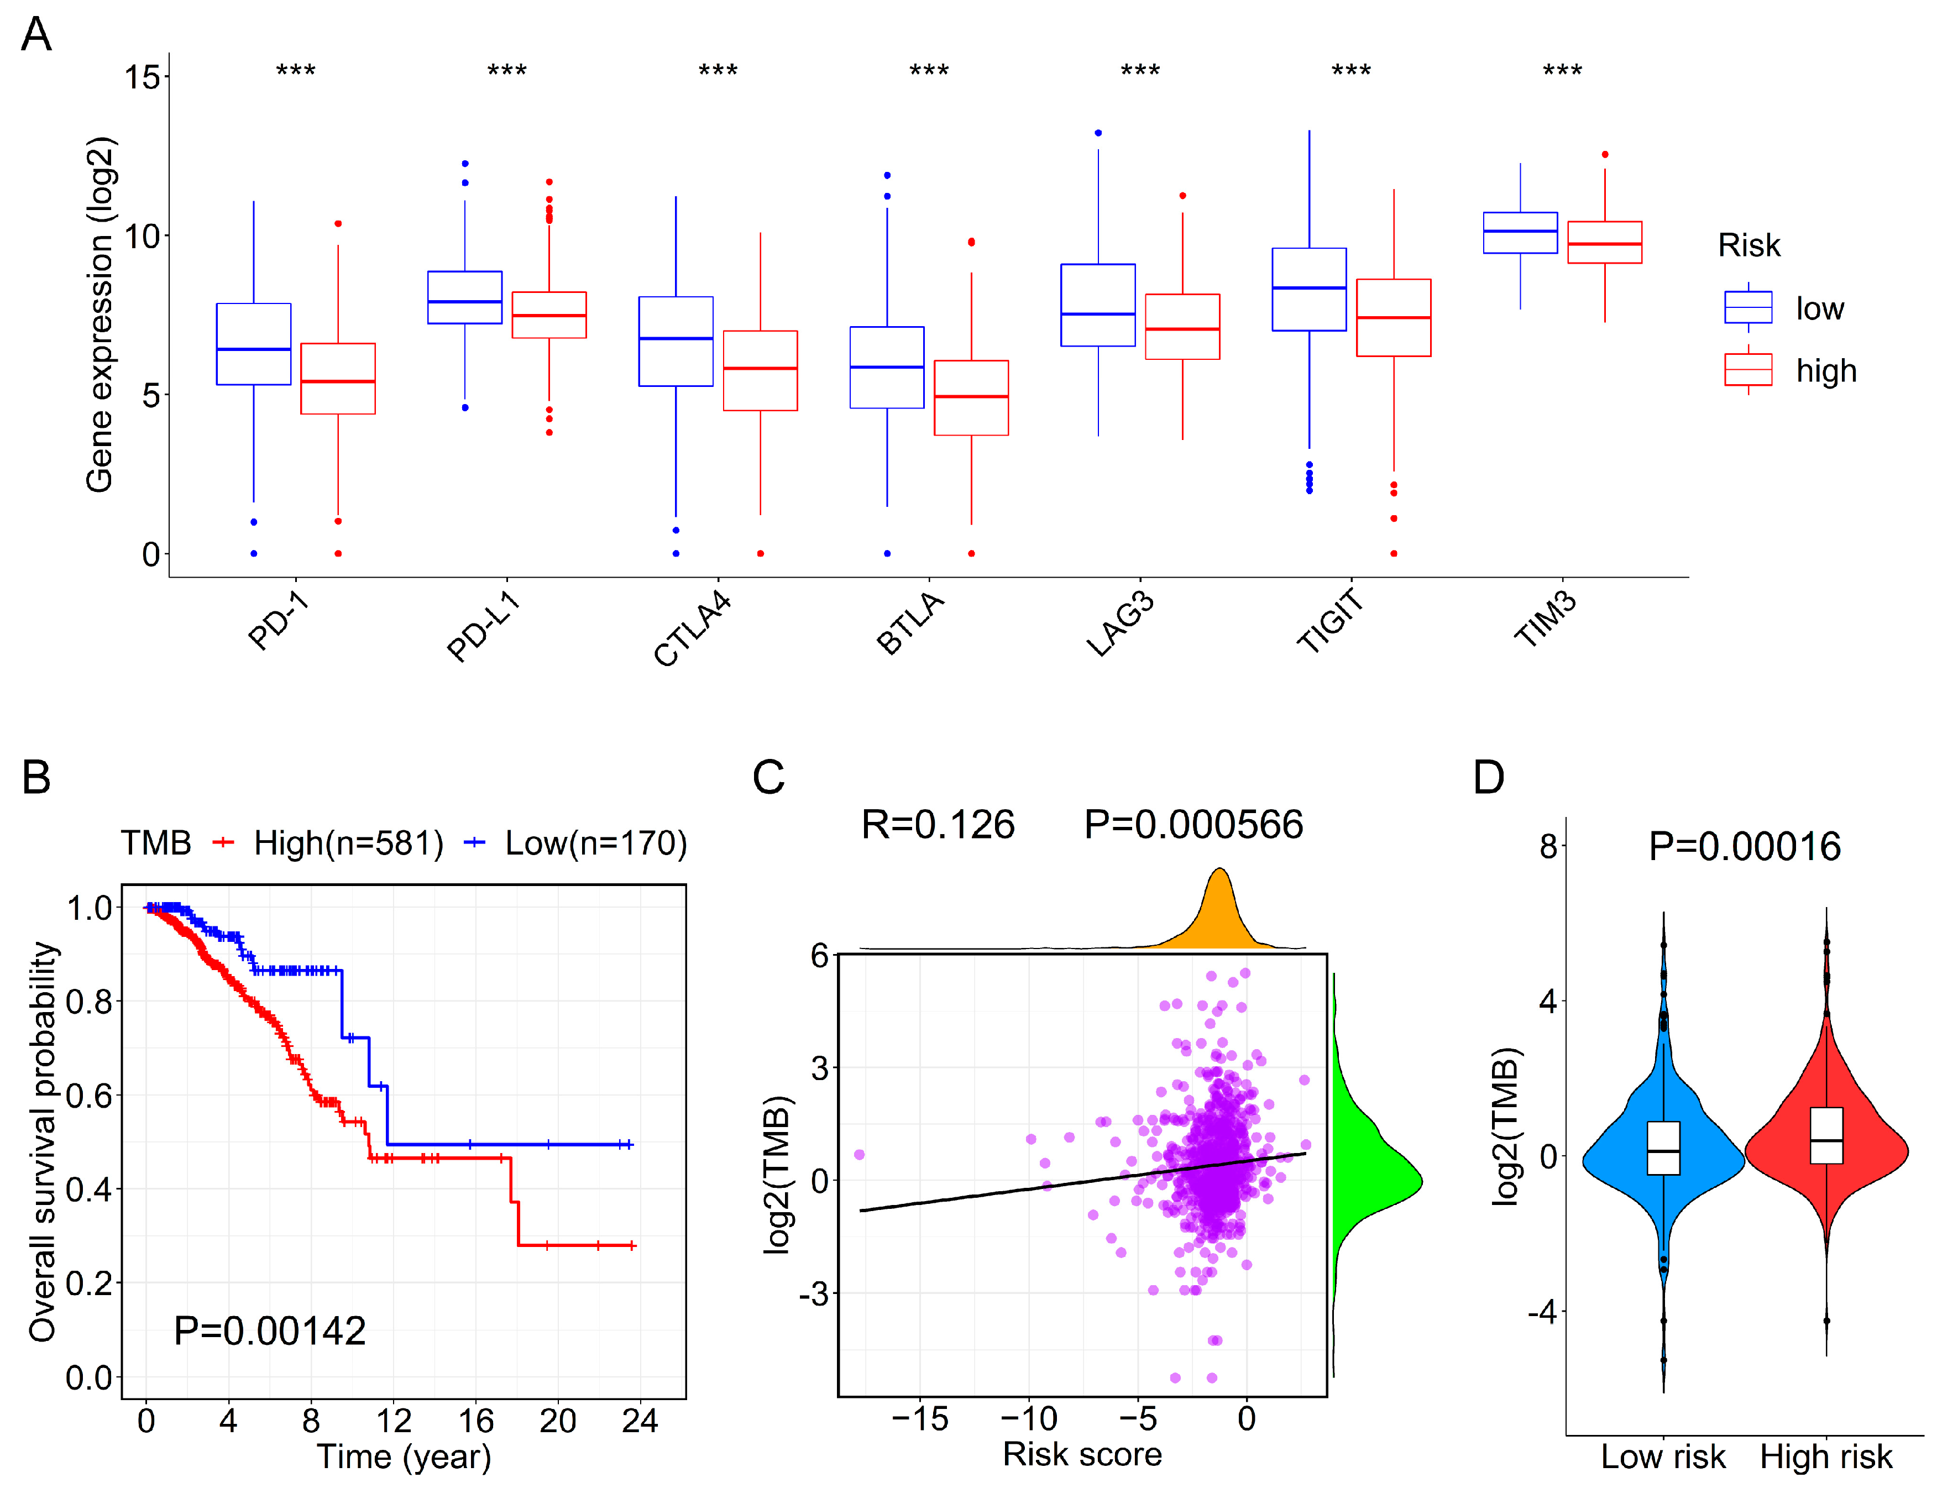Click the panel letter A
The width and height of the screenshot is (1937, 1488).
[36, 35]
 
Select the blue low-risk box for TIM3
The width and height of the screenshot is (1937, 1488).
[1520, 233]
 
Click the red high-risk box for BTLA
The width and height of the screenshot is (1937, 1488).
[971, 397]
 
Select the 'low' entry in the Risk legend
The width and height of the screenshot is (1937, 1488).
[1819, 308]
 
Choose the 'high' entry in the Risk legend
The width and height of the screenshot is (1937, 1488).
[1825, 370]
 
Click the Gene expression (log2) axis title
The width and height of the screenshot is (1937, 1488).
[100, 315]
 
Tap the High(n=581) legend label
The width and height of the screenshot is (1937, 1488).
[348, 842]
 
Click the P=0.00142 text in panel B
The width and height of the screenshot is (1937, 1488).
[270, 1330]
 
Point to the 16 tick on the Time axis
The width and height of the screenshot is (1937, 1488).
[475, 1421]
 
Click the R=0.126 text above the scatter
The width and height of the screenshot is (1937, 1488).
[938, 825]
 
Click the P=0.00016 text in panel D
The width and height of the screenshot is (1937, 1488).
[1744, 847]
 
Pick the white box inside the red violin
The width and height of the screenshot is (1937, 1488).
[1826, 1135]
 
